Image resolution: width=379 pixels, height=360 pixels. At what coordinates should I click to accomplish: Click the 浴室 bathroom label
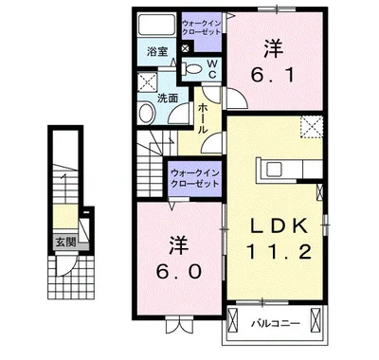tap(156, 52)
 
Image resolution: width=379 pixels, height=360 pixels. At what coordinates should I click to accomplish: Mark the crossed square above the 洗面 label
tap(149, 82)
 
